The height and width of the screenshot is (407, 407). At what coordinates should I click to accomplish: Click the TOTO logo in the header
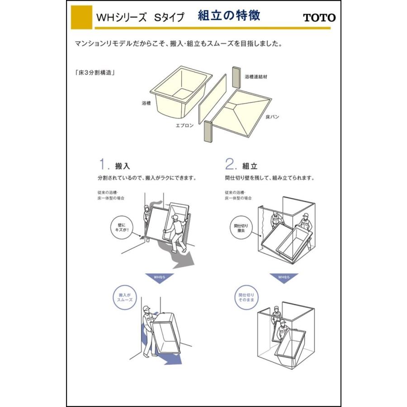click(x=319, y=18)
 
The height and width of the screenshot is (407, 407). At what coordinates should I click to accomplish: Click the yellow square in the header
click(x=81, y=17)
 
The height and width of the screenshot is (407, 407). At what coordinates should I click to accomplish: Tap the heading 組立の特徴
click(x=229, y=16)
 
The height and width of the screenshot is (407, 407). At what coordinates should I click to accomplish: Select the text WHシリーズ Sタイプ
click(x=140, y=18)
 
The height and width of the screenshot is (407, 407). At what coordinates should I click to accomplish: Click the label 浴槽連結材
click(x=256, y=77)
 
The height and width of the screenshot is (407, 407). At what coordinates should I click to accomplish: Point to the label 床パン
click(x=272, y=117)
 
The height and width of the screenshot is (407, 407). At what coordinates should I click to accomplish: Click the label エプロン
click(x=185, y=125)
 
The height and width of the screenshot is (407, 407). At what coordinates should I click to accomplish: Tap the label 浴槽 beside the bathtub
click(x=146, y=103)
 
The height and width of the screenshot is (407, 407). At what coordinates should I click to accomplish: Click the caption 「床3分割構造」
click(x=95, y=72)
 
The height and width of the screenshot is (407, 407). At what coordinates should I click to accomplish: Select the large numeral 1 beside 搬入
click(x=103, y=163)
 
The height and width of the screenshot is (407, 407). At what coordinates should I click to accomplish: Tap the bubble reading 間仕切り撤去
click(x=239, y=227)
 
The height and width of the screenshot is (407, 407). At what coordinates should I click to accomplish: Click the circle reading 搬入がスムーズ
click(x=124, y=297)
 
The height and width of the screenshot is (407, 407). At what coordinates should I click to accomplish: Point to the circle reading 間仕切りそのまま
click(x=246, y=297)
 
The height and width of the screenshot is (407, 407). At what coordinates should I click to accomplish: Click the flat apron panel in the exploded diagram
click(x=212, y=96)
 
